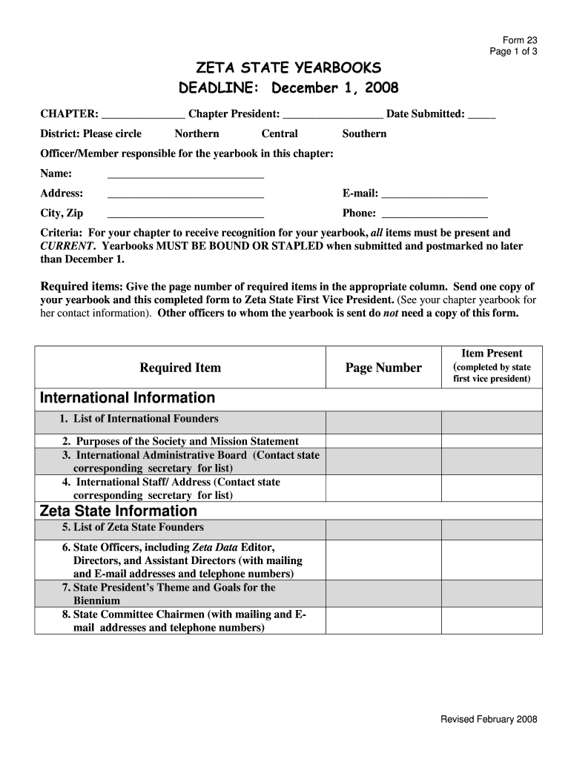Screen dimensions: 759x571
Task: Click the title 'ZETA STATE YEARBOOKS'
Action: click(288, 68)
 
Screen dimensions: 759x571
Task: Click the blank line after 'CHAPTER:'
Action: click(143, 115)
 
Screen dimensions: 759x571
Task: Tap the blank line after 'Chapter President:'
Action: click(333, 115)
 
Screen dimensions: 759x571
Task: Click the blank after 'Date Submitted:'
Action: click(482, 115)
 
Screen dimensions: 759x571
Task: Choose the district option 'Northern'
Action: click(197, 134)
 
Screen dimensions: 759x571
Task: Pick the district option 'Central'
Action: click(280, 134)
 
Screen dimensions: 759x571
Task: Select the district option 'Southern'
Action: click(364, 134)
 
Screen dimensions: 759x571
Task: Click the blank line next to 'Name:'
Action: click(185, 175)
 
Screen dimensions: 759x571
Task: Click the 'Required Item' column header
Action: click(180, 368)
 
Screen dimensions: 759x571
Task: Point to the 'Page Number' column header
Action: click(383, 368)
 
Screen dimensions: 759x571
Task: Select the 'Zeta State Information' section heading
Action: click(118, 511)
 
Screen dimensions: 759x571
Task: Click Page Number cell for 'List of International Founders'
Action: click(383, 422)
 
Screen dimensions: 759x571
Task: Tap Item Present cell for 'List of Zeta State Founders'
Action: click(492, 530)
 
